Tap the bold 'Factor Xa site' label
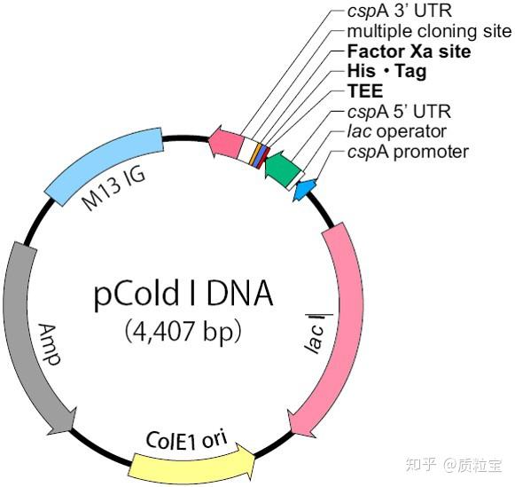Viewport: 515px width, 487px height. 409,52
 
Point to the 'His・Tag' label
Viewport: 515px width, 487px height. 386,72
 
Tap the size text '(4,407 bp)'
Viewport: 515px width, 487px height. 183,331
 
